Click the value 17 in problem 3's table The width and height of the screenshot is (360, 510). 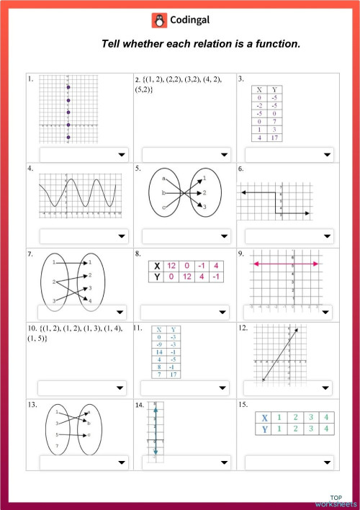pyautogui.click(x=274, y=138)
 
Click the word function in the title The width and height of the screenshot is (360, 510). pyautogui.click(x=268, y=45)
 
